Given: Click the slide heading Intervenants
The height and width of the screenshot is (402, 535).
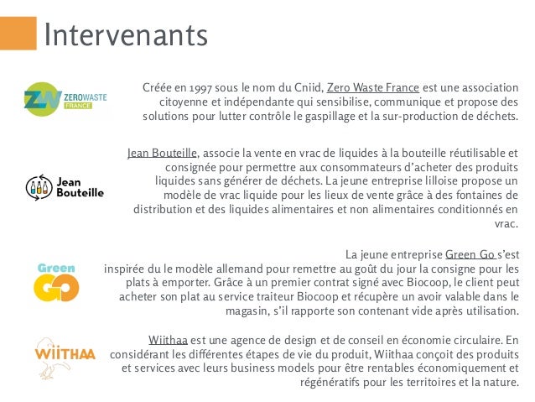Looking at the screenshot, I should pyautogui.click(x=125, y=36).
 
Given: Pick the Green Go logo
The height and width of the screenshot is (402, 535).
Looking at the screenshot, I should pyautogui.click(x=56, y=280).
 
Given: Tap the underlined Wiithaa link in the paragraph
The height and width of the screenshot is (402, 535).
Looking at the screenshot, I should pyautogui.click(x=168, y=339).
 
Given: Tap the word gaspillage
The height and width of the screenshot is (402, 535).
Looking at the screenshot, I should pyautogui.click(x=315, y=115).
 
